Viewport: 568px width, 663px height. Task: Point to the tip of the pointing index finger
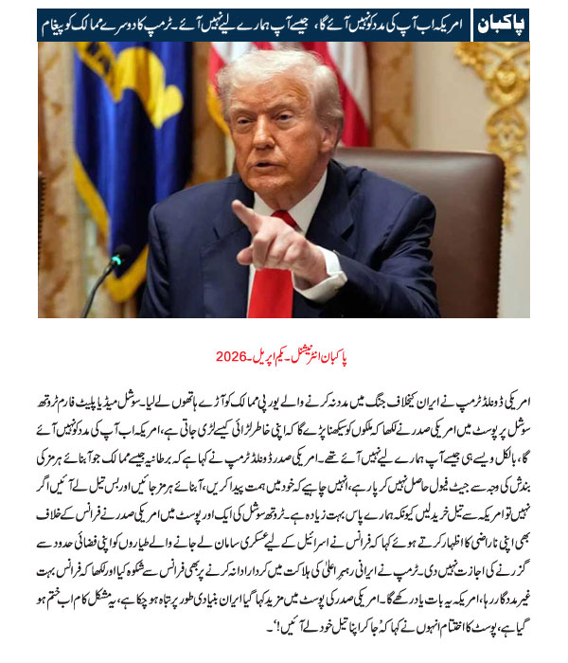(234, 207)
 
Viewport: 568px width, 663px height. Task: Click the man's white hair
(284, 71)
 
